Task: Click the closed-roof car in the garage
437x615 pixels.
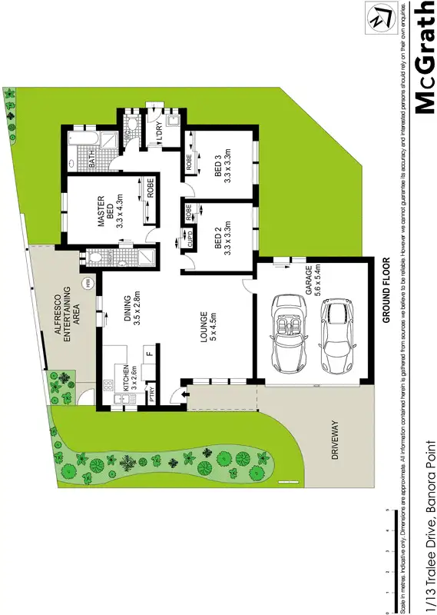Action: [336, 334]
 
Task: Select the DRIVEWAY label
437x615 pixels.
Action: [335, 440]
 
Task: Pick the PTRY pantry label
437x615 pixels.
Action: [153, 394]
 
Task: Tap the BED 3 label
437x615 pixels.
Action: [222, 167]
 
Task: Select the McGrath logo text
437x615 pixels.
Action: [423, 58]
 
